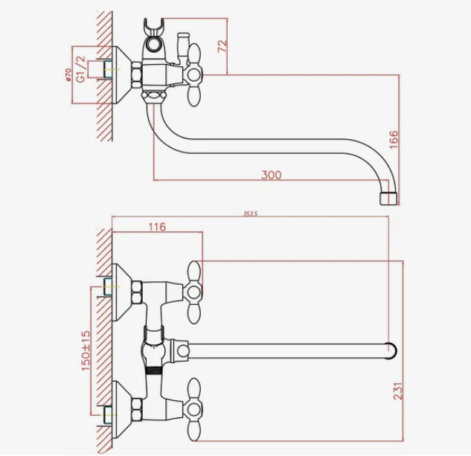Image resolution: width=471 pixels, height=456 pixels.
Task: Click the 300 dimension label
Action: pos(272,175)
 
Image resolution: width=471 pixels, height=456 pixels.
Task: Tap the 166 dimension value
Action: pos(394,139)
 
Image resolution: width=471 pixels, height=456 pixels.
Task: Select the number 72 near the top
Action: pos(220,46)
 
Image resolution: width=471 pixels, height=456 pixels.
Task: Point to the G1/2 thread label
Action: pos(81,67)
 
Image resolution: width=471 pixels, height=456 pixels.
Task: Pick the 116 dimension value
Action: pos(156,227)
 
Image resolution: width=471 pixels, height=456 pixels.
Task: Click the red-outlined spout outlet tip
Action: pos(388,197)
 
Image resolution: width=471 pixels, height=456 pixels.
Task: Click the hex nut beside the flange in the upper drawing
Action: pos(136,74)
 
